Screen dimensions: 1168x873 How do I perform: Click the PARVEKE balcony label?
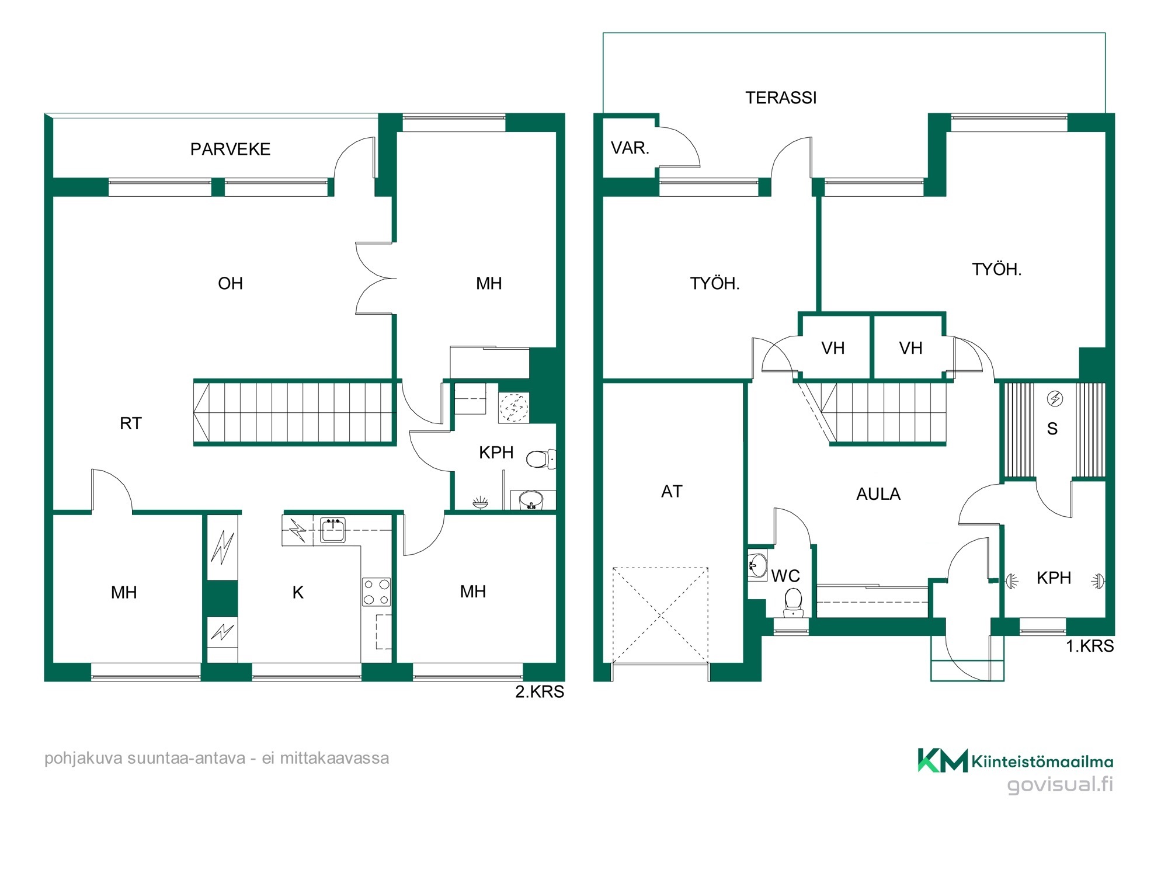(x=230, y=149)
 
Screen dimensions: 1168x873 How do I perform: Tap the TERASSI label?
(x=781, y=98)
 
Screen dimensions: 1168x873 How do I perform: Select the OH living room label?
(x=230, y=284)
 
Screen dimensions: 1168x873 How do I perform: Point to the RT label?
(x=131, y=423)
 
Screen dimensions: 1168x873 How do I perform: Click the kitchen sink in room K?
(x=333, y=529)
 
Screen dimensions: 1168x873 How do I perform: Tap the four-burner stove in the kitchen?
(x=376, y=592)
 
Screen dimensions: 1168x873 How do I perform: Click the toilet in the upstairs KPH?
(x=541, y=459)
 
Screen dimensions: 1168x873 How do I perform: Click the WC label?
(x=785, y=576)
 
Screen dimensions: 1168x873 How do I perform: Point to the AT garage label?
(x=672, y=492)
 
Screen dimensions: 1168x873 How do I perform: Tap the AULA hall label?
(x=878, y=495)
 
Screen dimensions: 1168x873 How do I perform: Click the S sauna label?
(x=1052, y=429)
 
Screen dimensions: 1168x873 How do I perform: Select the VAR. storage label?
(x=630, y=148)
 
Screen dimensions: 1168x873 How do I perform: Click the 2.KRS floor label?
(x=540, y=692)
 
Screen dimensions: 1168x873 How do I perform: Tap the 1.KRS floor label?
(x=1090, y=646)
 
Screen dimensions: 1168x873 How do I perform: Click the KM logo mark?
(x=943, y=760)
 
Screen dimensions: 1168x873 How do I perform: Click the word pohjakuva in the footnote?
(x=84, y=759)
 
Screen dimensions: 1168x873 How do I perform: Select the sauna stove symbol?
(x=1055, y=399)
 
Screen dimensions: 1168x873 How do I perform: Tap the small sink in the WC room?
(x=757, y=565)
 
